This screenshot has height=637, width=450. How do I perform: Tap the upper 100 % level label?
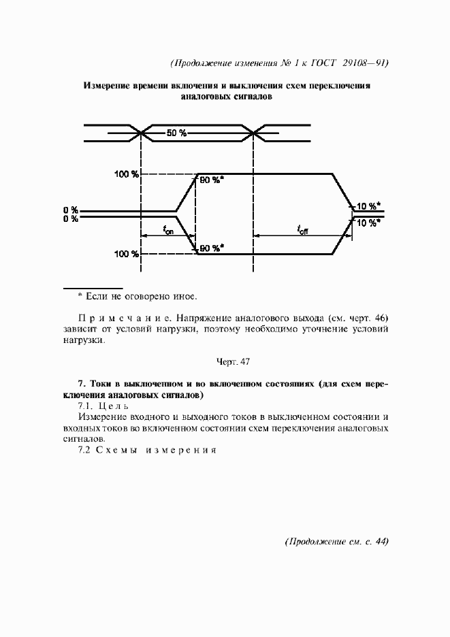[x=127, y=175]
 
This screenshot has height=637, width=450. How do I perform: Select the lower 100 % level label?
[x=127, y=254]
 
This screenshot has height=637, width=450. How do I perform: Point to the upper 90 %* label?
[x=212, y=180]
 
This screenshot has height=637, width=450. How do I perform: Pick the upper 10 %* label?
[x=369, y=206]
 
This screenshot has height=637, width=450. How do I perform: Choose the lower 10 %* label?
[x=369, y=223]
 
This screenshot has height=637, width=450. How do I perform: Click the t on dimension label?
[x=168, y=231]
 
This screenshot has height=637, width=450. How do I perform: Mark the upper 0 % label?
[x=71, y=209]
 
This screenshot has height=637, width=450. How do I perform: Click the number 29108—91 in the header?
[x=364, y=63]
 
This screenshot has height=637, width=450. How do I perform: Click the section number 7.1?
[x=87, y=406]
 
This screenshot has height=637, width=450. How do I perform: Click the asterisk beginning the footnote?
[x=80, y=297]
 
